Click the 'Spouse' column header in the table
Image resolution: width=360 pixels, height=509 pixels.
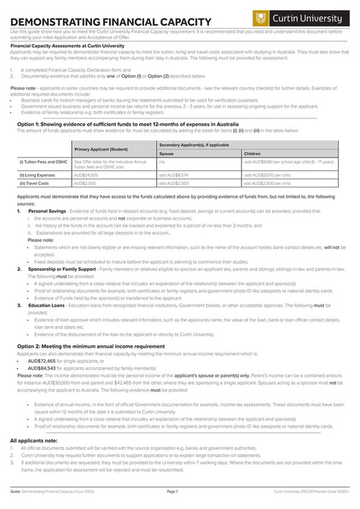pyautogui.click(x=166, y=153)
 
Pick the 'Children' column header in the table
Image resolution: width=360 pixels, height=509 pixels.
pyautogui.click(x=252, y=153)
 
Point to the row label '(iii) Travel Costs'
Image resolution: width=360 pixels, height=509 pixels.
pyautogui.click(x=34, y=183)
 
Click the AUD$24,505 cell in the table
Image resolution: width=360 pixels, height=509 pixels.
pyautogui.click(x=86, y=174)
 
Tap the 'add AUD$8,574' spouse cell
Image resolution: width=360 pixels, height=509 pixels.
pyautogui.click(x=173, y=174)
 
